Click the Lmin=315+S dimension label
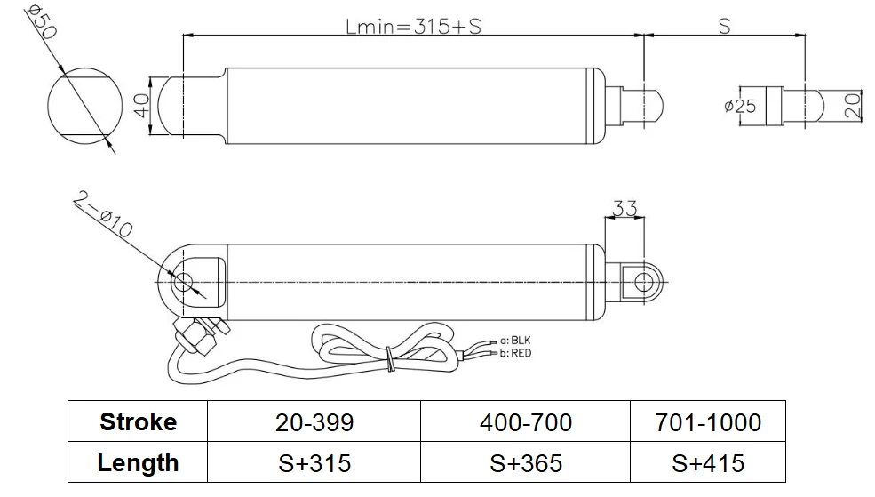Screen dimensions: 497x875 (413, 27)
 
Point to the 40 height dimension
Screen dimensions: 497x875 (140, 106)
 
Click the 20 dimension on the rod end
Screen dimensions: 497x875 (851, 106)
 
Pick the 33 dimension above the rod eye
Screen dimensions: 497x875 (625, 209)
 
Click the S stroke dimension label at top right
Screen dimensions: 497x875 (724, 27)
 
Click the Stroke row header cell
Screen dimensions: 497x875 (138, 421)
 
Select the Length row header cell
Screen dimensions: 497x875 (138, 462)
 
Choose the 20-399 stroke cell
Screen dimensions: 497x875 (313, 421)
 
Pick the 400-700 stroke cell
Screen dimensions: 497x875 (524, 421)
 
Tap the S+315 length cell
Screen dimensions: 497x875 (313, 462)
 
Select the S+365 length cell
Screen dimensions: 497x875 (524, 462)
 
